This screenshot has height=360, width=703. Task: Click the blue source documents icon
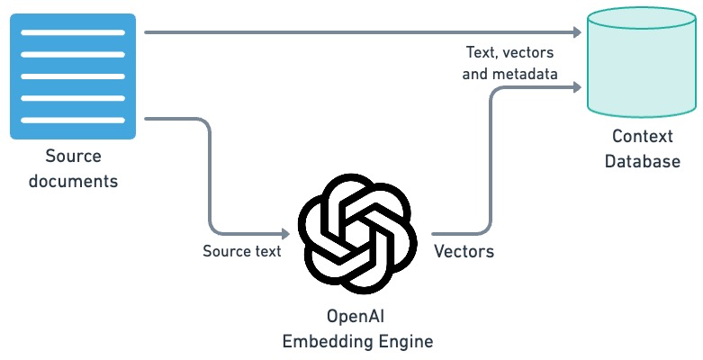tap(73, 76)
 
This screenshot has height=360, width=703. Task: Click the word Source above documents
tap(74, 157)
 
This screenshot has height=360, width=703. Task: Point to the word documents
tap(74, 180)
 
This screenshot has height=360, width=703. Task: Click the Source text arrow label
tap(241, 251)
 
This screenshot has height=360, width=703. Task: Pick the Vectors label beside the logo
tap(464, 251)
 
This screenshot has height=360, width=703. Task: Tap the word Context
tap(643, 137)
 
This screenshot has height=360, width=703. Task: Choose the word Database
tap(643, 161)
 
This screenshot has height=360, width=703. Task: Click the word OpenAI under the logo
tap(357, 317)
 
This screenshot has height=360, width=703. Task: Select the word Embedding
tap(335, 341)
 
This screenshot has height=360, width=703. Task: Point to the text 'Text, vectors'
tap(509, 52)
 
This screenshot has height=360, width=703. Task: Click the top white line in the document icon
tap(73, 32)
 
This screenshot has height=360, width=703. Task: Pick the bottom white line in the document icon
tap(73, 120)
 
